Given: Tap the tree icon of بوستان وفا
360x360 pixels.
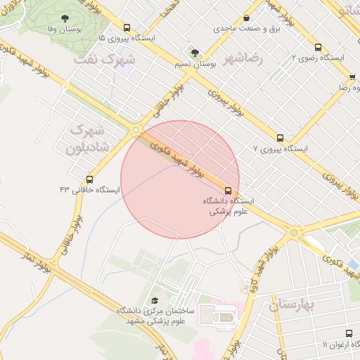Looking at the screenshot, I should [65, 19].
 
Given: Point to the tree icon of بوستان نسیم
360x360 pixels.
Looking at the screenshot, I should [194, 52].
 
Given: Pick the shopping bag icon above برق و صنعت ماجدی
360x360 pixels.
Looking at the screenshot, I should [246, 18].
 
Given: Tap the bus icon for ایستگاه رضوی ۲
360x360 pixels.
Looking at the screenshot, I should [318, 47].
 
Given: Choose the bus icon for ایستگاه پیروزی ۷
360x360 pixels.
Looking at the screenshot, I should [280, 138].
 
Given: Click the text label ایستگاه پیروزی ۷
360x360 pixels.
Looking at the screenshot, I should [281, 150].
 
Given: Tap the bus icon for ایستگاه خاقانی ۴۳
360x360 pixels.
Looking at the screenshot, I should [89, 179].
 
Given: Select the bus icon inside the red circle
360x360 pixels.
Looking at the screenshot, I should [228, 190].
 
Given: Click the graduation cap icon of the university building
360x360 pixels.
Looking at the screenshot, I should [155, 298].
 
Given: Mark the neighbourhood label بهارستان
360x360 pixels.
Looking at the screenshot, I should [294, 304].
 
